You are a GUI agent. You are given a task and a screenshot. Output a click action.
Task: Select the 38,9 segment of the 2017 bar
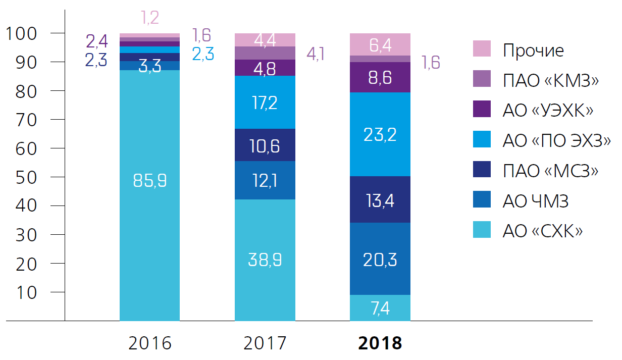coord(265,260)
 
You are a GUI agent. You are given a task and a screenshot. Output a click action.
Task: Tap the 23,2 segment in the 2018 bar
coord(380,134)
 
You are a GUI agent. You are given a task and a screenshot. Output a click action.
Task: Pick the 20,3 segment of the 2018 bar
coord(380,259)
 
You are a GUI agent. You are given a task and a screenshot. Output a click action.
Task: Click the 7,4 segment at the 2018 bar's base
coord(380,308)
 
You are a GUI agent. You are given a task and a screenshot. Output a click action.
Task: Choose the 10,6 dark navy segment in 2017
coord(265,145)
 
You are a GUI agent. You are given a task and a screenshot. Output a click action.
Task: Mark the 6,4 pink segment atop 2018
coord(380,44)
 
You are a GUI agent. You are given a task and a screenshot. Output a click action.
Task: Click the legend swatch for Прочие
coord(482,49)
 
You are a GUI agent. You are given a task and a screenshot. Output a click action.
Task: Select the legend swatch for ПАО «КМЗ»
coord(482,80)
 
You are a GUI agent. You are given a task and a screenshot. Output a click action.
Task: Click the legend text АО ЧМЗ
coord(536,201)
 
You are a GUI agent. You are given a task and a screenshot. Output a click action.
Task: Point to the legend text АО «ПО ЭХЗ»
coord(556,140)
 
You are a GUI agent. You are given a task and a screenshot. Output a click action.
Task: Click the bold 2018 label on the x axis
coord(380,343)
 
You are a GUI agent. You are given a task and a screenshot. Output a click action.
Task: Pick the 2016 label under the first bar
coord(150,343)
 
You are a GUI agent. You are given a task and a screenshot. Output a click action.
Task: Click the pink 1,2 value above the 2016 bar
coord(149,18)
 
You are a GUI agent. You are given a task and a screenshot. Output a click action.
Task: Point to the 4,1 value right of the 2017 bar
coord(316,54)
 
